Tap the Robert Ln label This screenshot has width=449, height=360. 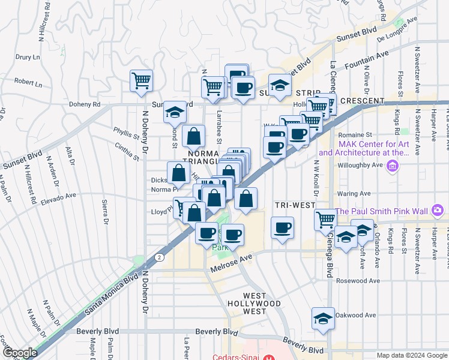[28, 81]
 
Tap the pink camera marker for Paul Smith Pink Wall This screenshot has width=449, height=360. [438, 210]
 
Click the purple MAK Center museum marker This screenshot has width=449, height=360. [393, 166]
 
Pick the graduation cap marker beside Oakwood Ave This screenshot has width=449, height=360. [323, 318]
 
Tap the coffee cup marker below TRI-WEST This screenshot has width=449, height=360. [282, 227]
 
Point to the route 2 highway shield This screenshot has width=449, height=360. [157, 257]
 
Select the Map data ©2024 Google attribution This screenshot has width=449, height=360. [411, 355]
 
